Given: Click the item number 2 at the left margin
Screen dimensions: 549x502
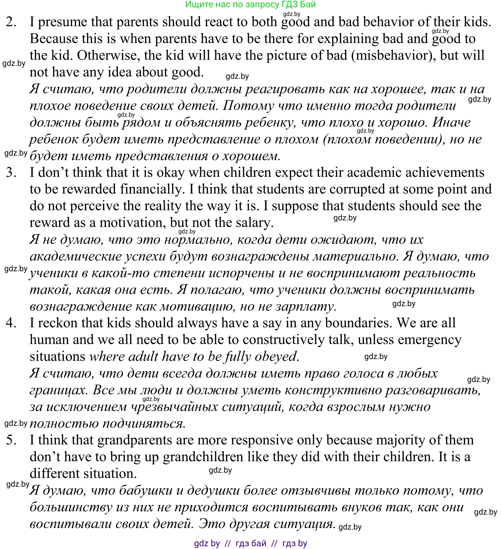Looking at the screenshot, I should click(11, 22).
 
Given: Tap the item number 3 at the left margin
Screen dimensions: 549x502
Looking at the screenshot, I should click(11, 173).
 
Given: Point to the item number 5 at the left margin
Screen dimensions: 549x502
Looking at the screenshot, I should click(11, 440).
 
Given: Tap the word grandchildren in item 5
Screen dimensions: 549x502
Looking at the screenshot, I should click(203, 457).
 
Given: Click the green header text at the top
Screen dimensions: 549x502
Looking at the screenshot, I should click(250, 4).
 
